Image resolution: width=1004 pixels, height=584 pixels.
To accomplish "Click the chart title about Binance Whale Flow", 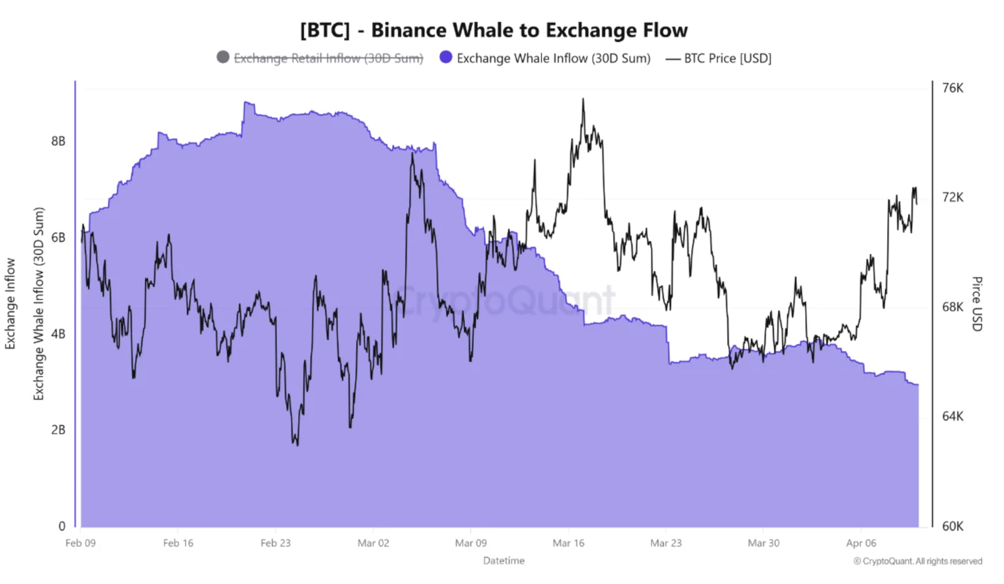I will pos(494,30).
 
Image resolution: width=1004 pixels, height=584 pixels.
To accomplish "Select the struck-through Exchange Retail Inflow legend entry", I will pos(328,58).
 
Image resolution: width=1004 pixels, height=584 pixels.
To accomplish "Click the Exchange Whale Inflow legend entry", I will pos(553,58).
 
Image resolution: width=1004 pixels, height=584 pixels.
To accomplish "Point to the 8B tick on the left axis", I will pos(58,141).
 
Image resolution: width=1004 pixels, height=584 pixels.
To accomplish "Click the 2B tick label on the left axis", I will pos(58,430).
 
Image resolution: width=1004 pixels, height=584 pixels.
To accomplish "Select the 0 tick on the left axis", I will pos(61,526).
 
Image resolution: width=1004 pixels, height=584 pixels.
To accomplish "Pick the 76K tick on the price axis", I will pos(953,88).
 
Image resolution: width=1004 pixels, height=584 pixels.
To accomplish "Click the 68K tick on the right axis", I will pos(953,307).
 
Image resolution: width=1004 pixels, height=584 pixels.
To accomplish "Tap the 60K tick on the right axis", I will pos(953,526).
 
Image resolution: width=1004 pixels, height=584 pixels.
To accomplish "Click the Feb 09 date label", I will pos(80,543).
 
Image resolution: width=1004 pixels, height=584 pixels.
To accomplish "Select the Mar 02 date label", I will pos(373,543).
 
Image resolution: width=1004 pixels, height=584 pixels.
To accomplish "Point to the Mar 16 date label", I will pos(569,543).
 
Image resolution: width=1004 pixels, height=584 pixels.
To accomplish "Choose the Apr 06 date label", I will pos(861,543).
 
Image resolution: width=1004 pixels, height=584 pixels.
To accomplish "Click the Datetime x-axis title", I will pos(504,561).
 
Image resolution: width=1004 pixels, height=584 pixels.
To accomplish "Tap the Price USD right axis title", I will pos(977,304).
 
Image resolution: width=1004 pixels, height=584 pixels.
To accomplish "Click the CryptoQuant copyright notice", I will pos(917,561).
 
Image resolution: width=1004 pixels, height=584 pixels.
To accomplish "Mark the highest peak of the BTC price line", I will pos(583,99).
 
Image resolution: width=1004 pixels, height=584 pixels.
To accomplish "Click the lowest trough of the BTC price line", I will pos(296,445).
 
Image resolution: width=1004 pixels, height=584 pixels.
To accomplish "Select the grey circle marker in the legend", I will pos(223,57).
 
